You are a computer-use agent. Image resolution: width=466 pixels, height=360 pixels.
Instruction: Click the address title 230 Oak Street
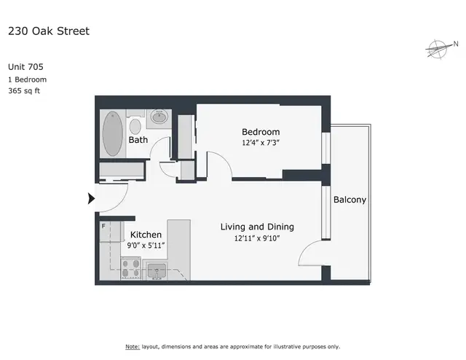click(49, 31)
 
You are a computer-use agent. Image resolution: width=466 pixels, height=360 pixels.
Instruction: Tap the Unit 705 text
click(26, 66)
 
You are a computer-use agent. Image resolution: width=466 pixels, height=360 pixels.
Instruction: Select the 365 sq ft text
click(26, 92)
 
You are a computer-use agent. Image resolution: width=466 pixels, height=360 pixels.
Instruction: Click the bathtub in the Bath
click(112, 133)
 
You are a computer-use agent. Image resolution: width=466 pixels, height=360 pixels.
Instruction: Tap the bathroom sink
click(159, 117)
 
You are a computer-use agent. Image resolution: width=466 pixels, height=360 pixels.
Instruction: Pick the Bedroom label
click(261, 132)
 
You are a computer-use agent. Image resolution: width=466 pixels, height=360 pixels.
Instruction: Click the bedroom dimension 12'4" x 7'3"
click(261, 143)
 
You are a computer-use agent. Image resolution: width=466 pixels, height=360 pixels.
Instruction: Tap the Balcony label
click(349, 200)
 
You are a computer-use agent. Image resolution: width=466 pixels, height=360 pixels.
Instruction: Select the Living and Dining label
click(258, 227)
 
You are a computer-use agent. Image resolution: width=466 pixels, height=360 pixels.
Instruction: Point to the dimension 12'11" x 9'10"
click(258, 238)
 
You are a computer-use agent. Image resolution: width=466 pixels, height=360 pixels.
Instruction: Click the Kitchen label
click(146, 235)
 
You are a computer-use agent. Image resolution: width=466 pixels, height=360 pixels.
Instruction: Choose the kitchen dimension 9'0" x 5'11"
click(146, 246)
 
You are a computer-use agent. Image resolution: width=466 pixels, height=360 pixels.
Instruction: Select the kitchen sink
click(157, 273)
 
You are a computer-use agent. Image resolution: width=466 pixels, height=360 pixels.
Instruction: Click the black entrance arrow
click(92, 198)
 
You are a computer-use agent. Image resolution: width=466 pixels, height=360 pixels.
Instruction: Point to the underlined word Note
click(133, 346)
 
